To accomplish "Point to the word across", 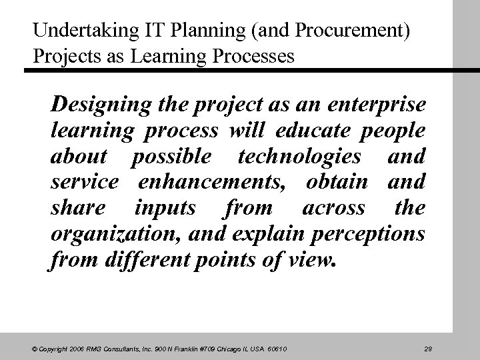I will coord(333,207).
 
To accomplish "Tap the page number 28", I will coord(429,348).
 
